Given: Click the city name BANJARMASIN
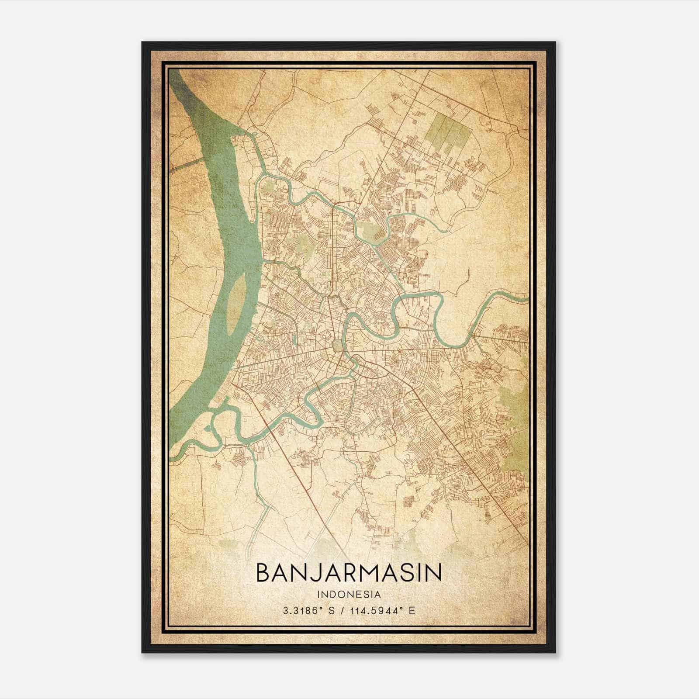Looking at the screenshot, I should click(x=349, y=573).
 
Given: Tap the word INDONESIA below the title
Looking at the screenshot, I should click(x=349, y=595).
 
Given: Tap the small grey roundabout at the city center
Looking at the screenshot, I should click(x=337, y=346).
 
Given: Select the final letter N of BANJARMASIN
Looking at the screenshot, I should click(x=433, y=573).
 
